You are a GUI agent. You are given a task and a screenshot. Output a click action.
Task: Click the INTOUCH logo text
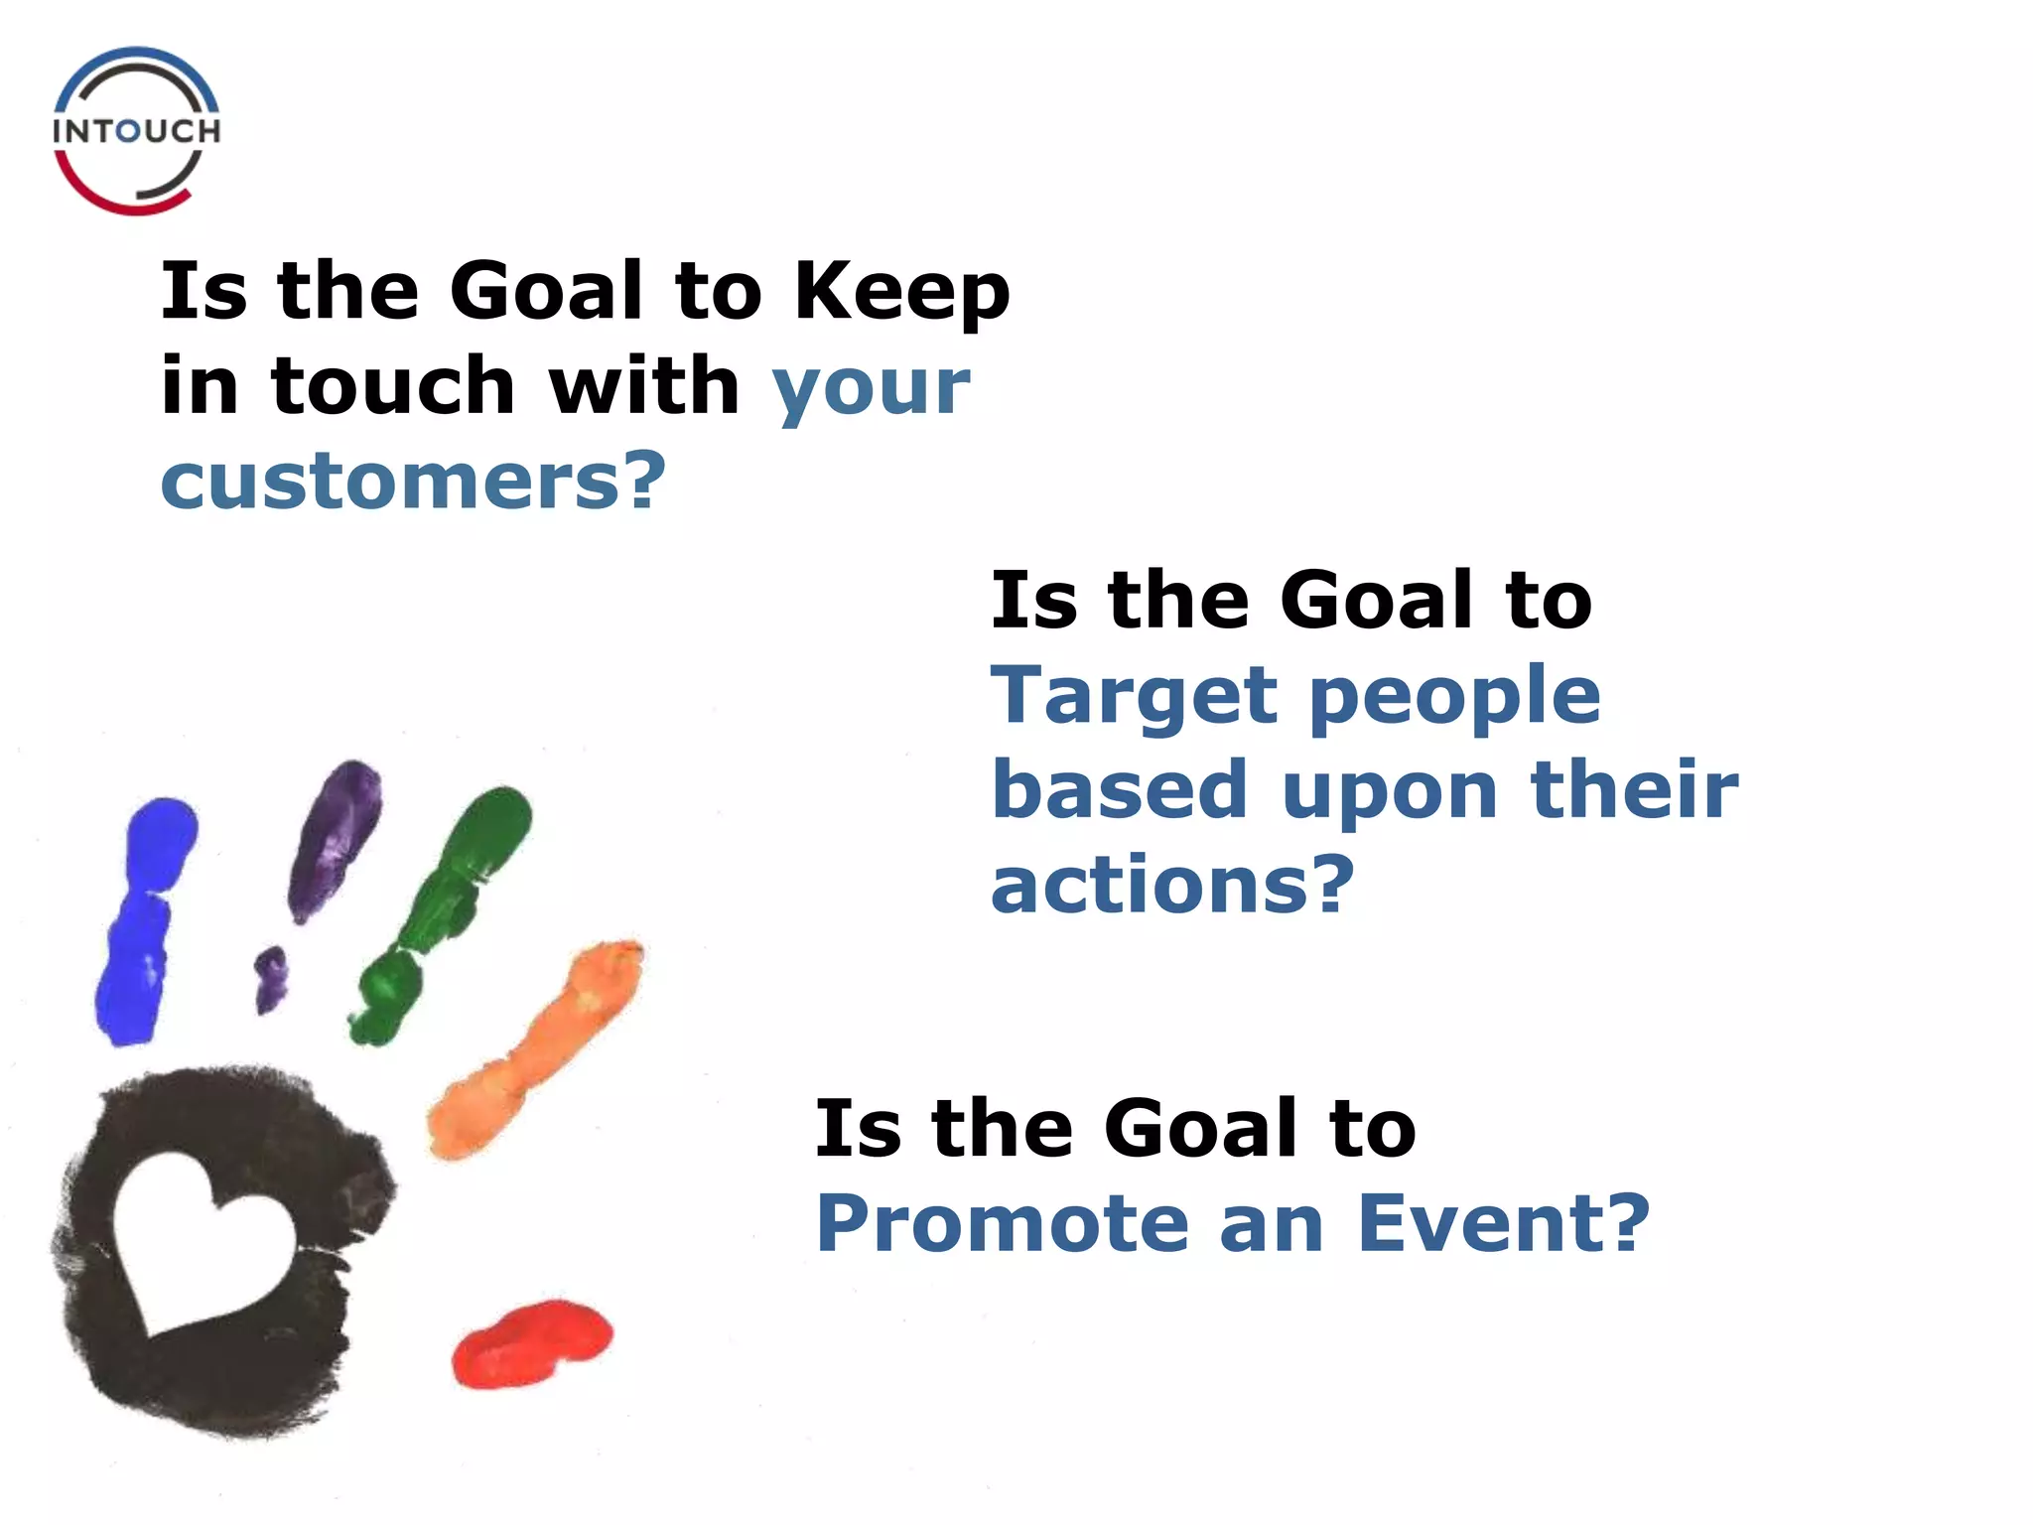[x=136, y=131]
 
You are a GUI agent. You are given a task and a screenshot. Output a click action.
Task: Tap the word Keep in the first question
[x=901, y=292]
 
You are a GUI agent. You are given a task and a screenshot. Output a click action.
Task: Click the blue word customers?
[x=413, y=482]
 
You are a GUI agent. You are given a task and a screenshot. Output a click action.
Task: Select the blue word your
[x=871, y=388]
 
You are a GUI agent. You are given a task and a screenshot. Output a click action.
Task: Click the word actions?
[x=1172, y=885]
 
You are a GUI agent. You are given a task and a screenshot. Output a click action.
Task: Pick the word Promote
[x=1002, y=1224]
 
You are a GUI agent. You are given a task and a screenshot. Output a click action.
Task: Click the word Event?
[x=1502, y=1224]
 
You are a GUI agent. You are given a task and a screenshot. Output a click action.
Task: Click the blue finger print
[x=144, y=918]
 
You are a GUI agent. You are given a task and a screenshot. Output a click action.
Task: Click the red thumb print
[x=531, y=1343]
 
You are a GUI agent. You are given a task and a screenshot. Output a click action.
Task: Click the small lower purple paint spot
[x=269, y=977]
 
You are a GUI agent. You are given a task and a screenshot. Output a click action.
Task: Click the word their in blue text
[x=1634, y=791]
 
